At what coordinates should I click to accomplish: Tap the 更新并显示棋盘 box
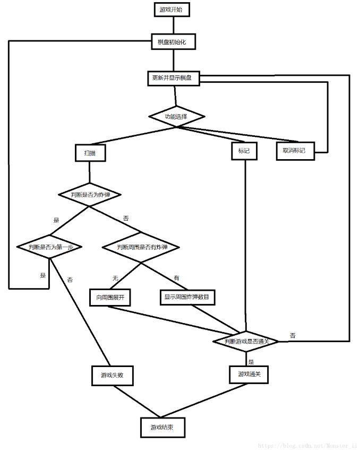(172, 78)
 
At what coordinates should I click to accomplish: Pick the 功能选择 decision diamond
(176, 116)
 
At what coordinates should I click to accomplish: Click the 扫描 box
(90, 153)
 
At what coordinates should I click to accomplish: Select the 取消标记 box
(295, 151)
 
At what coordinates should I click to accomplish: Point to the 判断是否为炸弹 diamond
(89, 195)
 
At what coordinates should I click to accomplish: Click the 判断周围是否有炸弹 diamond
(141, 247)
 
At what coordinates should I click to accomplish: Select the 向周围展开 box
(110, 298)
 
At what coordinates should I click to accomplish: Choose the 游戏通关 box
(249, 374)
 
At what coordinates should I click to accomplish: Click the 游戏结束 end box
(164, 427)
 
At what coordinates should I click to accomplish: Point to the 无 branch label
(115, 278)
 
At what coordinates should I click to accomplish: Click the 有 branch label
(177, 278)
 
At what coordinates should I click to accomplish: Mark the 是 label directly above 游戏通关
(251, 362)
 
